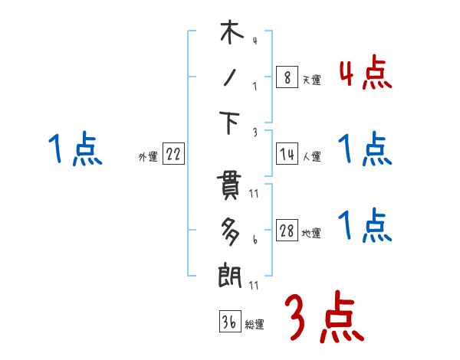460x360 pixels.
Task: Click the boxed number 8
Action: point(287,77)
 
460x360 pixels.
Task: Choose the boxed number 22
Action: point(173,155)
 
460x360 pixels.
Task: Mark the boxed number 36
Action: point(229,322)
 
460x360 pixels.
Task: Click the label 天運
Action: point(311,80)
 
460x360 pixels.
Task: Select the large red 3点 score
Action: point(323,317)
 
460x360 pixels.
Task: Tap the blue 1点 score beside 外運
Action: point(74,149)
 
